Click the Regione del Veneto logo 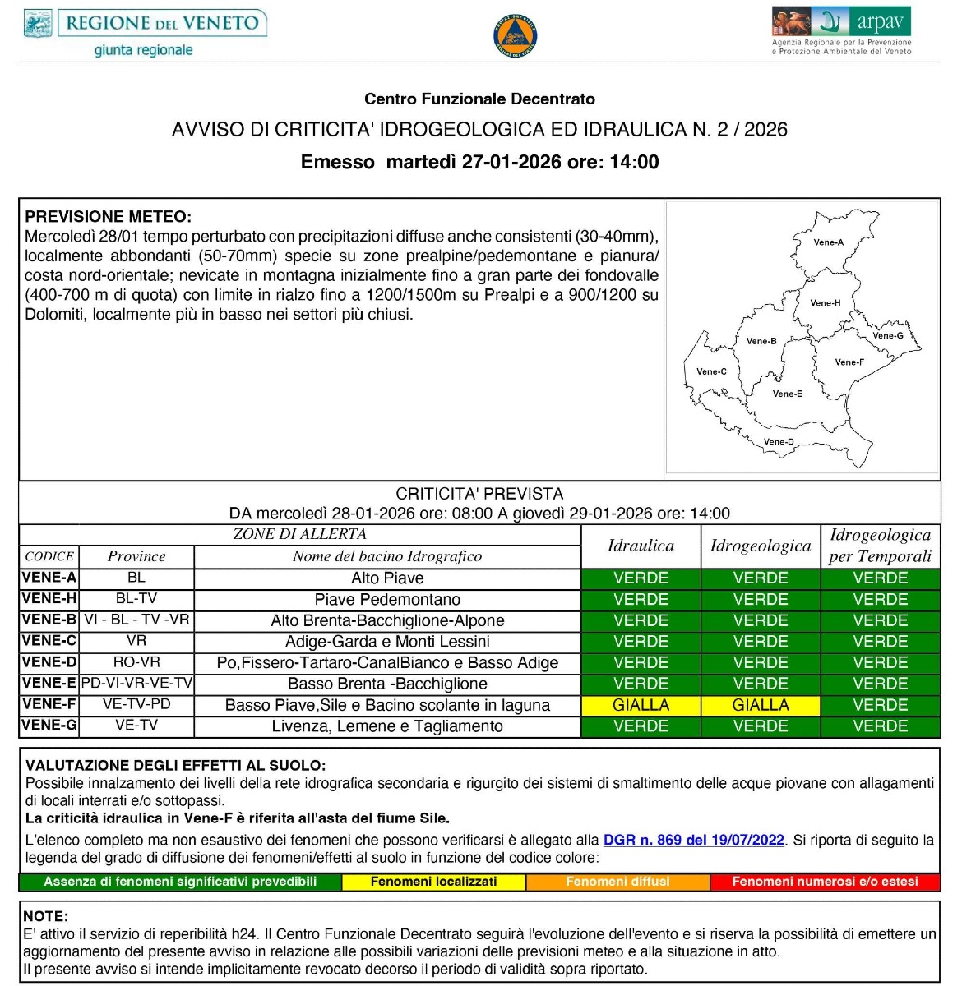[x=144, y=33]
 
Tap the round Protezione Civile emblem [x=516, y=35]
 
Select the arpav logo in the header [x=841, y=31]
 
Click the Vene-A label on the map [x=828, y=242]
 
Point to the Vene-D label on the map [x=779, y=442]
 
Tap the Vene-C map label [x=711, y=371]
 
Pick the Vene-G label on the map [x=888, y=335]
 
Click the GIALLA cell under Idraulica [x=641, y=705]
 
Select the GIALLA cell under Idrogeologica [x=761, y=705]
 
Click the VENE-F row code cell [x=49, y=704]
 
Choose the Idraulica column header [x=641, y=546]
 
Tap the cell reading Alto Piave [x=387, y=578]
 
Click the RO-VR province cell [x=136, y=662]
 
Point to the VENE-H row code [x=49, y=599]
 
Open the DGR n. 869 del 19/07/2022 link [x=694, y=840]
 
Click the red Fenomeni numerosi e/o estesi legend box [x=825, y=882]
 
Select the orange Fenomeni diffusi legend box [x=617, y=882]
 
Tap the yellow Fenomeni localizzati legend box [x=433, y=882]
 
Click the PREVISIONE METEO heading [x=108, y=218]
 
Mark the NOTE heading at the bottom [x=46, y=916]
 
